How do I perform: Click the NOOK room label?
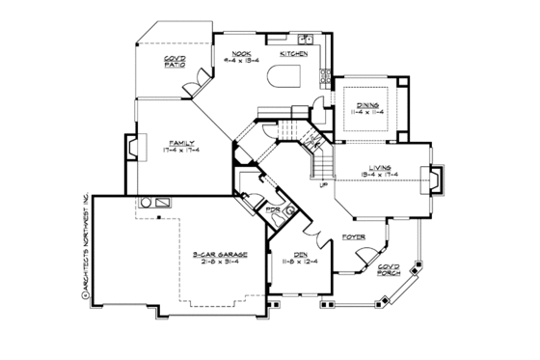pyautogui.click(x=228, y=55)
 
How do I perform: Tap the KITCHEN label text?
pyautogui.click(x=293, y=55)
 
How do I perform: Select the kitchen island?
pyautogui.click(x=287, y=76)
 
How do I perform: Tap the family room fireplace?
pyautogui.click(x=131, y=148)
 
